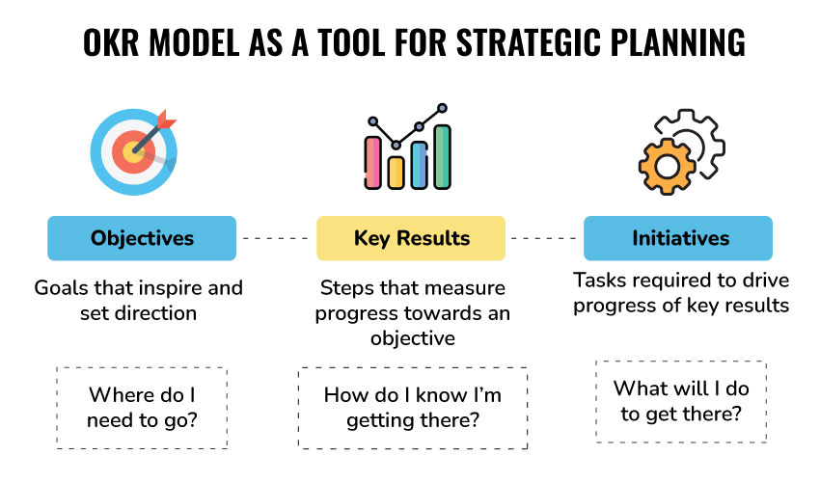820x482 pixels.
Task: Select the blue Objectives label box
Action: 142,238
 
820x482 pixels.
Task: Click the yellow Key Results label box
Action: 411,238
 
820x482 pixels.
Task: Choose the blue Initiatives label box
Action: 678,238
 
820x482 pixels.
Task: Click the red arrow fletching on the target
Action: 166,120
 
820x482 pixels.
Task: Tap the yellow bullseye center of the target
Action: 132,152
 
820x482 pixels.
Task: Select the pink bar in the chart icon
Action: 373,162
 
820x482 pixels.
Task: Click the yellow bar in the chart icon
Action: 396,172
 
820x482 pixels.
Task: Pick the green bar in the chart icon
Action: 442,156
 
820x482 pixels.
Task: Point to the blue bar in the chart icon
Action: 420,165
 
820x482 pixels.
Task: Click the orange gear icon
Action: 667,167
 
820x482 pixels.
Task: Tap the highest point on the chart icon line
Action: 443,108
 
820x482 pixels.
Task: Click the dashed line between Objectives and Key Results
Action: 276,238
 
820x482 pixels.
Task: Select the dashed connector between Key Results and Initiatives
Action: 544,238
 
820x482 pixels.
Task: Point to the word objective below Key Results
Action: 413,338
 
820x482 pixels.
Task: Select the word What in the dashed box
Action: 638,388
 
